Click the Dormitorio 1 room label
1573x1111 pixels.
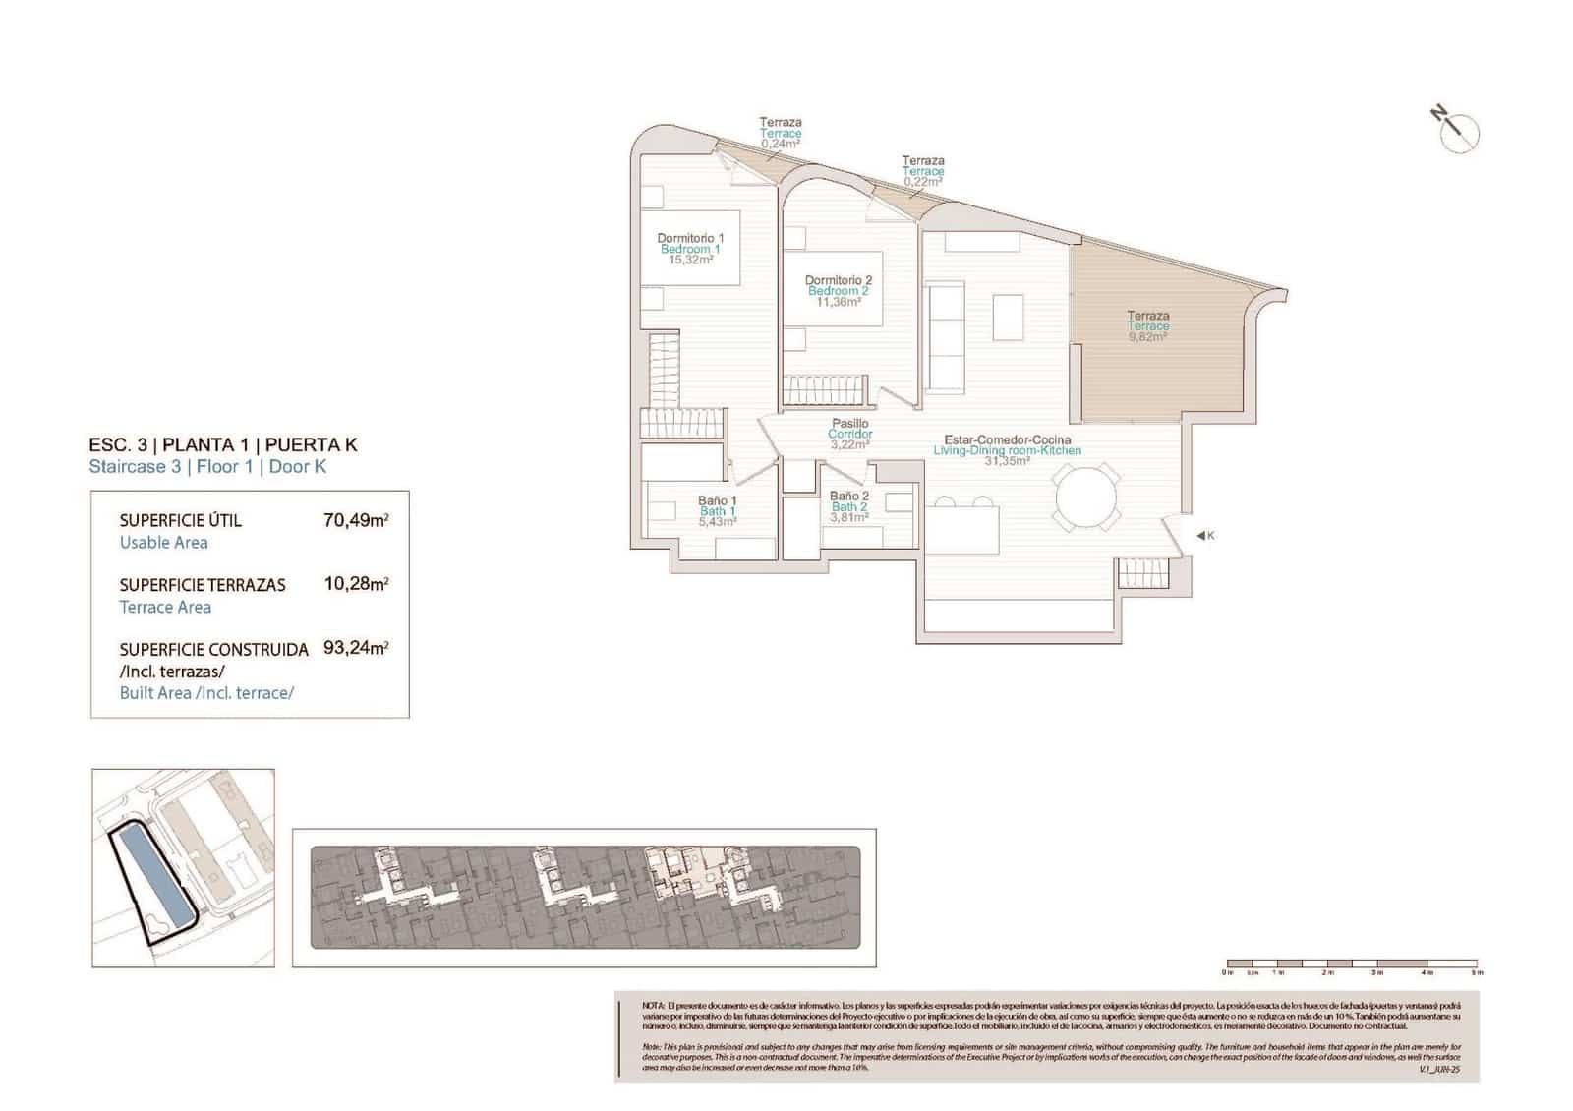pos(690,238)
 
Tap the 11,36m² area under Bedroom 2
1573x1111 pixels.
pos(838,302)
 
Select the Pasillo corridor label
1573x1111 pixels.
pos(849,424)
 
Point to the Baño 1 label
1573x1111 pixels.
pos(718,500)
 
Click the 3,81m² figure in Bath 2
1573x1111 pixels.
pos(848,517)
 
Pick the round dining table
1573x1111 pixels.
pos(1086,498)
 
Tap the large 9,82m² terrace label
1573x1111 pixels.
pos(1147,336)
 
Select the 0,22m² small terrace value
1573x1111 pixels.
pos(922,182)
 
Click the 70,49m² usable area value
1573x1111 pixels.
pos(355,520)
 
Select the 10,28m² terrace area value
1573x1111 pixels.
pos(355,584)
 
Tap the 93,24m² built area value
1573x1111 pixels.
pos(355,648)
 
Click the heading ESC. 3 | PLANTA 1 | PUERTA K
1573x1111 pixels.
pos(223,444)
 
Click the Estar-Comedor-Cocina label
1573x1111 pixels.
pos(1007,439)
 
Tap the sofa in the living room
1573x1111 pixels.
pos(944,334)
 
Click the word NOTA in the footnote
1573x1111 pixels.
pos(653,1006)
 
